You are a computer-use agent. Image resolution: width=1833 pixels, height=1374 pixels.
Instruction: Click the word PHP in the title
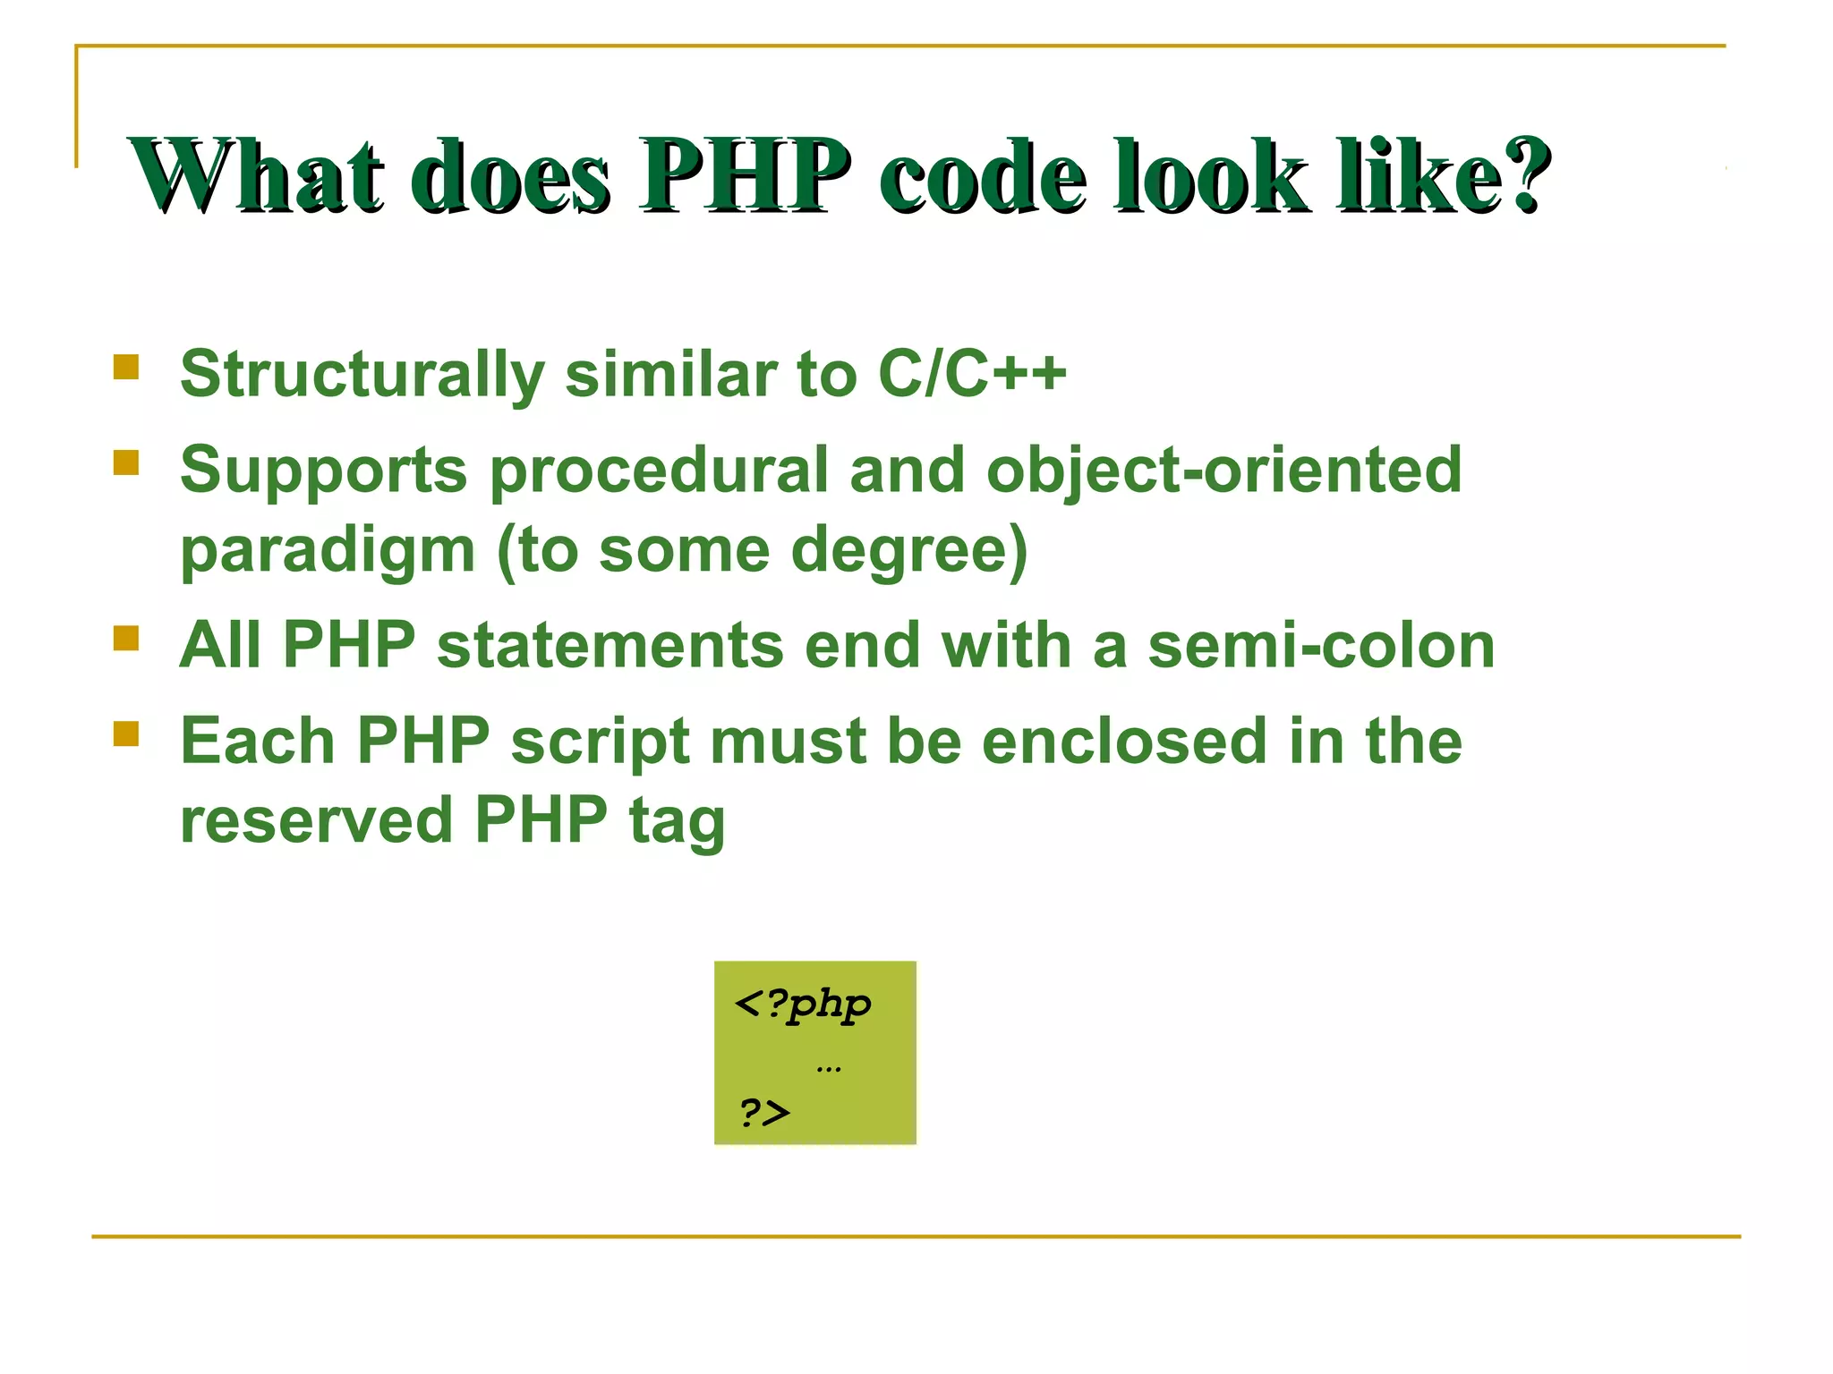(x=745, y=175)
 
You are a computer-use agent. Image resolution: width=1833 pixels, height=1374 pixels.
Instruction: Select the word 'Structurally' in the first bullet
(x=362, y=374)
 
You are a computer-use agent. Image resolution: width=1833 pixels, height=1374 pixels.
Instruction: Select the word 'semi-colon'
(x=1321, y=645)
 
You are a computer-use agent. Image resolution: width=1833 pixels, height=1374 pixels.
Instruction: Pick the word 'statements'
(x=610, y=645)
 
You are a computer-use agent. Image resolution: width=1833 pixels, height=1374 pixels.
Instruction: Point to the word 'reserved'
(x=317, y=819)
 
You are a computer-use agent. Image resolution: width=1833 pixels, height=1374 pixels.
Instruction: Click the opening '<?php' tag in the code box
(x=802, y=1005)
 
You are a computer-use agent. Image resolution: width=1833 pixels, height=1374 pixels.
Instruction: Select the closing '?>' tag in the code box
(x=764, y=1113)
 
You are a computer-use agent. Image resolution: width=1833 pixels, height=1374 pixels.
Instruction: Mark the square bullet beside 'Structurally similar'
(x=126, y=368)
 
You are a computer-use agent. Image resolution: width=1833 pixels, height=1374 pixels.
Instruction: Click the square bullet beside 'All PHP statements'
(x=126, y=639)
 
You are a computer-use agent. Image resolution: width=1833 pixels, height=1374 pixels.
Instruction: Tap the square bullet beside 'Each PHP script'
(x=126, y=734)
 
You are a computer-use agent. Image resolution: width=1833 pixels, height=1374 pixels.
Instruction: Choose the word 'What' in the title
(x=258, y=175)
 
